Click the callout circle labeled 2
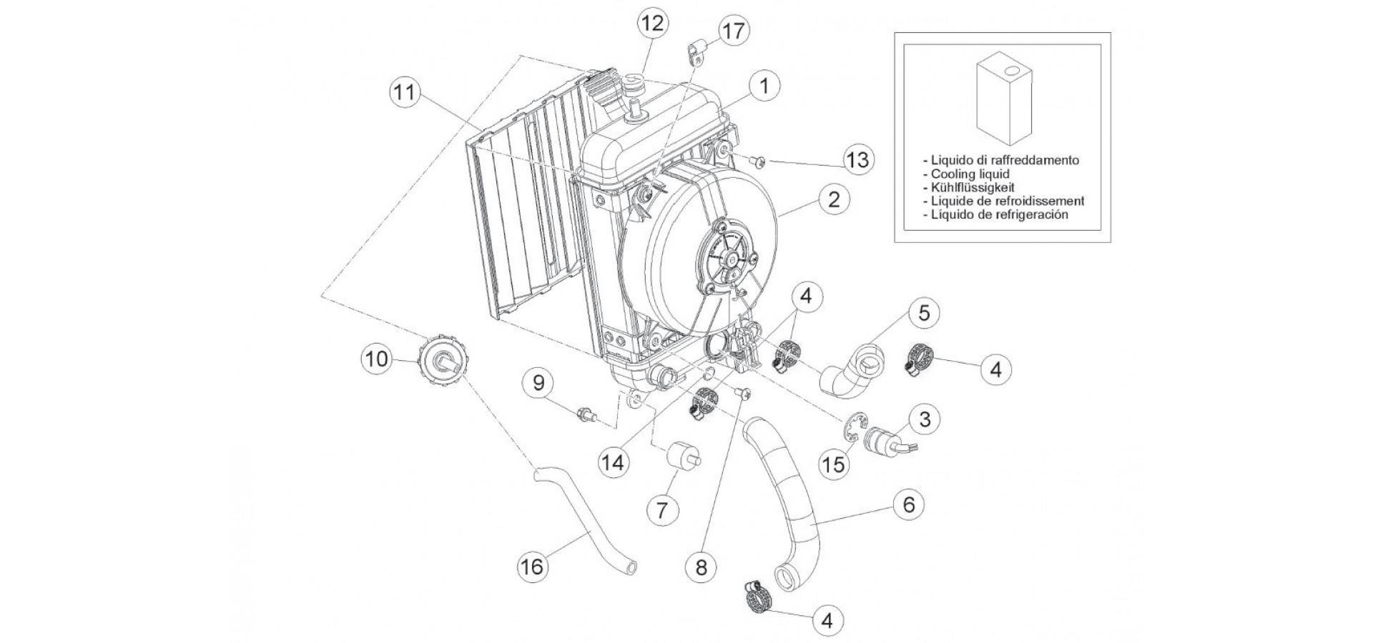click(834, 199)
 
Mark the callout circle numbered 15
click(834, 464)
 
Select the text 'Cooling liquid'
click(970, 174)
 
